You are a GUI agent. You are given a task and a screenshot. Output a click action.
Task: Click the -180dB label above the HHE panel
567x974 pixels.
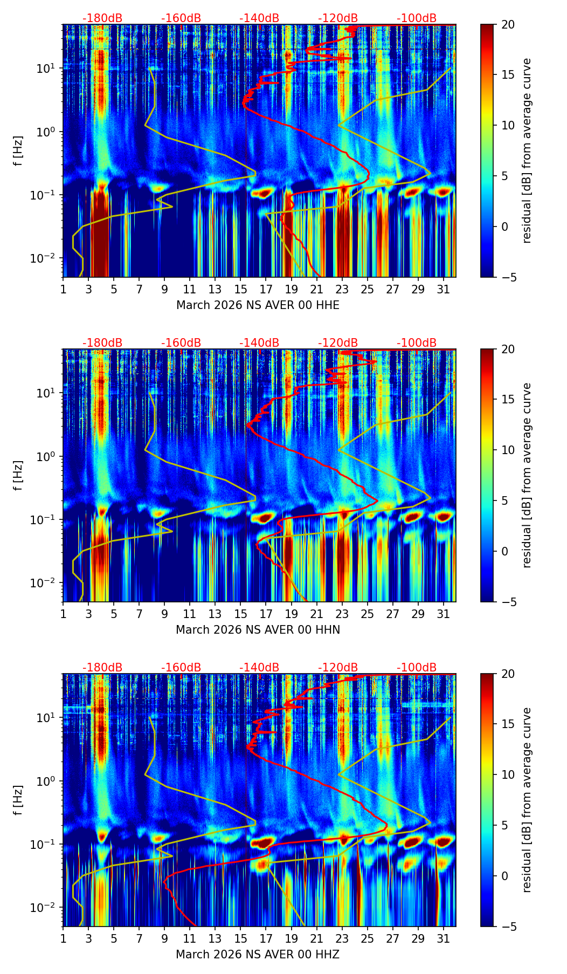[x=102, y=18]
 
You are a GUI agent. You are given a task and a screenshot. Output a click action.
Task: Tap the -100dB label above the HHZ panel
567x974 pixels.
[x=417, y=668]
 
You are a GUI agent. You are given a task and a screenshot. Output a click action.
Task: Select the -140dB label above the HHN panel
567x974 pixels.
[x=259, y=343]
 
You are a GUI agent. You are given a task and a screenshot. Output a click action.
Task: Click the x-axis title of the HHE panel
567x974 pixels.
[x=258, y=305]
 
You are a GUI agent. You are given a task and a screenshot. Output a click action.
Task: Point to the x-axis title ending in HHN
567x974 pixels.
[x=258, y=630]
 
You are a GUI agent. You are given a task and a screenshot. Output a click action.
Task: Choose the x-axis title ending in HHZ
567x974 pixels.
[x=258, y=955]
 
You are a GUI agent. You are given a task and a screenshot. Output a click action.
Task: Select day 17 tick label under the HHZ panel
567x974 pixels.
[x=266, y=939]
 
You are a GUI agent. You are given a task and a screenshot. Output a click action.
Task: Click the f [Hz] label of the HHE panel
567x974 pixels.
[x=18, y=151]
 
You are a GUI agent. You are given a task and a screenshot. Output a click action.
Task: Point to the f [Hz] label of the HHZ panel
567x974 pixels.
[x=18, y=800]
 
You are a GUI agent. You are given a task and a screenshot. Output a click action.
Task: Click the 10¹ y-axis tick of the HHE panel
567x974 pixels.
[x=49, y=68]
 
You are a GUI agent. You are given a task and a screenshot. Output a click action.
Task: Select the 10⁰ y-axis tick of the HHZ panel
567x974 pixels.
[x=49, y=781]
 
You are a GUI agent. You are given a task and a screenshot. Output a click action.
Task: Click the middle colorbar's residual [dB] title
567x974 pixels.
[x=527, y=475]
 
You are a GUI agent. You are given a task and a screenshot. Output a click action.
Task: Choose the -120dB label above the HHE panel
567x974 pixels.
[x=338, y=18]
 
